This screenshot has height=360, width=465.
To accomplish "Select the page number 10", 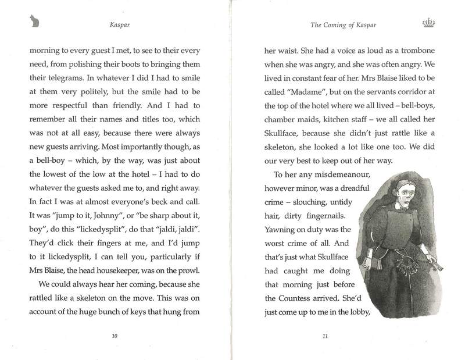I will pyautogui.click(x=114, y=336).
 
